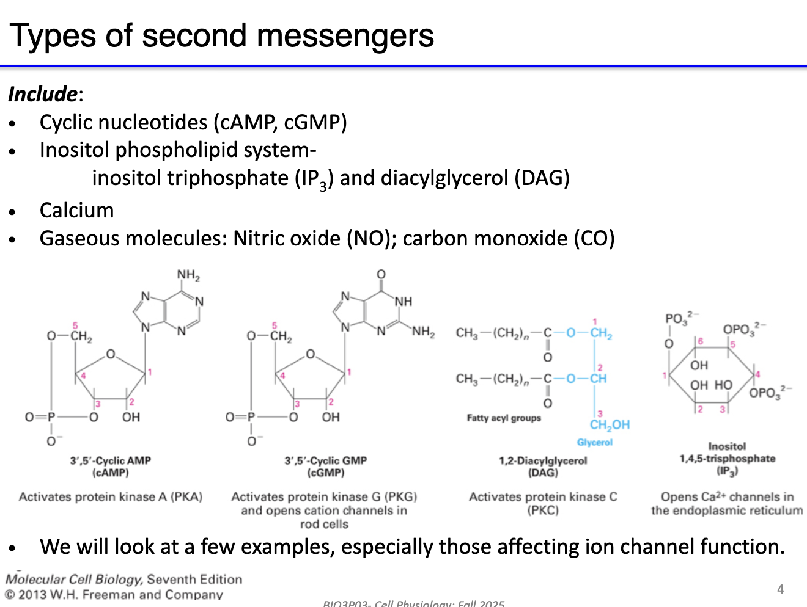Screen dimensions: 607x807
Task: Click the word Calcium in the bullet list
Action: tap(76, 210)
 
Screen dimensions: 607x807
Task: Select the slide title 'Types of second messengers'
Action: tap(221, 35)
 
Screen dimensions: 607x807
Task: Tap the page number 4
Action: tap(780, 589)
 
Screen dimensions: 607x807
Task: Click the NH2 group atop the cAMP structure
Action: tap(188, 275)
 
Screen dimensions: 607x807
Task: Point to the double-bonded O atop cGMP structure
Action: tap(381, 274)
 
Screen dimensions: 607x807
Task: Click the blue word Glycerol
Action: tap(594, 442)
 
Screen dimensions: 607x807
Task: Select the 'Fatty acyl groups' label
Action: tap(504, 418)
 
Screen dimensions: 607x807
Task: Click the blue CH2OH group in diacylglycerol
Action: tap(609, 425)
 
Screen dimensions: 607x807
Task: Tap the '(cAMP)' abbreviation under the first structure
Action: tap(111, 473)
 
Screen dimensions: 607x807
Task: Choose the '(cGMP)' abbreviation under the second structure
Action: tap(325, 473)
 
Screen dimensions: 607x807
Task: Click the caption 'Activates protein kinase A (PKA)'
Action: tap(111, 496)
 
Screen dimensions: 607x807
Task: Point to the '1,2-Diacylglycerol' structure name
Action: tap(543, 460)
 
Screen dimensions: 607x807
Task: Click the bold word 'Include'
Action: tap(43, 94)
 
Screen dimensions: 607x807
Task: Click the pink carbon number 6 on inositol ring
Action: tap(701, 341)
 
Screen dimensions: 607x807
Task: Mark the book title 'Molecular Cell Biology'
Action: tap(74, 579)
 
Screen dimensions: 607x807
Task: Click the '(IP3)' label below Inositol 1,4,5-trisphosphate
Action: tap(727, 471)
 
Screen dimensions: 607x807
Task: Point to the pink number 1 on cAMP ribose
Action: tap(150, 371)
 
